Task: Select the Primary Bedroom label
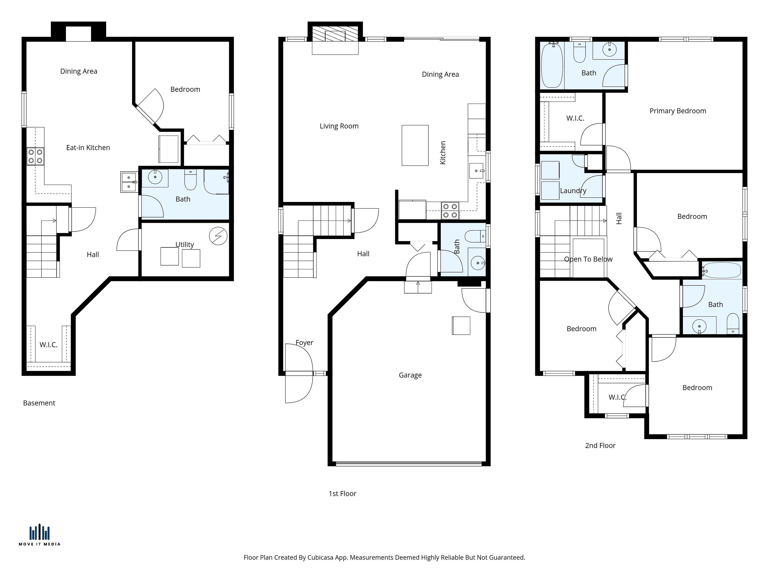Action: point(678,111)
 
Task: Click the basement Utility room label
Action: point(185,244)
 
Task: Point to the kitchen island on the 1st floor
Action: point(415,145)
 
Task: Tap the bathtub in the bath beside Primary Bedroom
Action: point(552,65)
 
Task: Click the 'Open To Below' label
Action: point(588,259)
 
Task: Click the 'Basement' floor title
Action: point(39,403)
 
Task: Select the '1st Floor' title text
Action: point(342,493)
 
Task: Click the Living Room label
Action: point(339,126)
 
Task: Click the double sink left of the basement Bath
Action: point(129,182)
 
